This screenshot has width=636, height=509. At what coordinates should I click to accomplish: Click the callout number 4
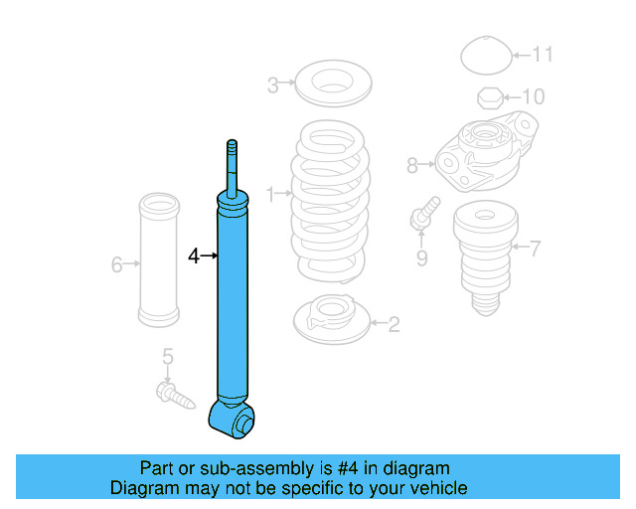[194, 256]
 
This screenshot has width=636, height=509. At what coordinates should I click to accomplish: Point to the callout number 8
[412, 165]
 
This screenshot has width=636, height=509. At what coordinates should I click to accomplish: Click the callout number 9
[421, 258]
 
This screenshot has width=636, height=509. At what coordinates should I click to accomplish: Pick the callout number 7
[536, 249]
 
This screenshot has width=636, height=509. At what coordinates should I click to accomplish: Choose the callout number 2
[394, 323]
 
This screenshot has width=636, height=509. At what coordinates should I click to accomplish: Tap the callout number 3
[272, 85]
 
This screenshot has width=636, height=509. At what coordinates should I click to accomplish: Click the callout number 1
[269, 196]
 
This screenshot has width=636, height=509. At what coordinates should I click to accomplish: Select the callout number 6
[116, 264]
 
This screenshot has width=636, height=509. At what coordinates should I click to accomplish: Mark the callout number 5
[168, 356]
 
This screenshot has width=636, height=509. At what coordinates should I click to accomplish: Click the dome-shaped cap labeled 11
[485, 55]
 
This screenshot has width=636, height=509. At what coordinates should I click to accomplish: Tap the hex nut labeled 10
[488, 97]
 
